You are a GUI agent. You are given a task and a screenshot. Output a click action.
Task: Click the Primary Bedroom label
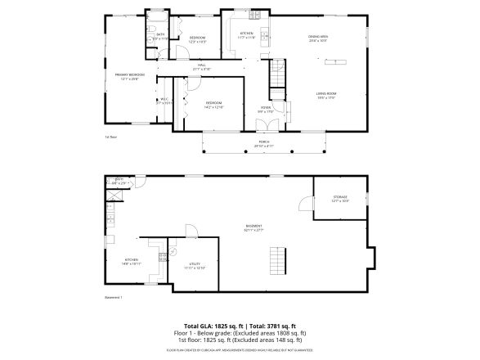point(120,75)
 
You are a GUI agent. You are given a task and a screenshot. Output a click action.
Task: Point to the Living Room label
point(326,96)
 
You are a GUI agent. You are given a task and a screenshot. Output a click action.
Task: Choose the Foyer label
point(266,108)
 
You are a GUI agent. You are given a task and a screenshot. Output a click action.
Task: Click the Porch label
point(264,144)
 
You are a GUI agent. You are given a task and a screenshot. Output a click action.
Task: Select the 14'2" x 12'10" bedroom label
point(214,105)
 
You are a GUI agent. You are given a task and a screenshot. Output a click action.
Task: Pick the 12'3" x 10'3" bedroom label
point(197,39)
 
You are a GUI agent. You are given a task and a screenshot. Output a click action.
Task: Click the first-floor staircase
point(280,73)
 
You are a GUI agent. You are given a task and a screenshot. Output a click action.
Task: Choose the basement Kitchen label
point(132,262)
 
